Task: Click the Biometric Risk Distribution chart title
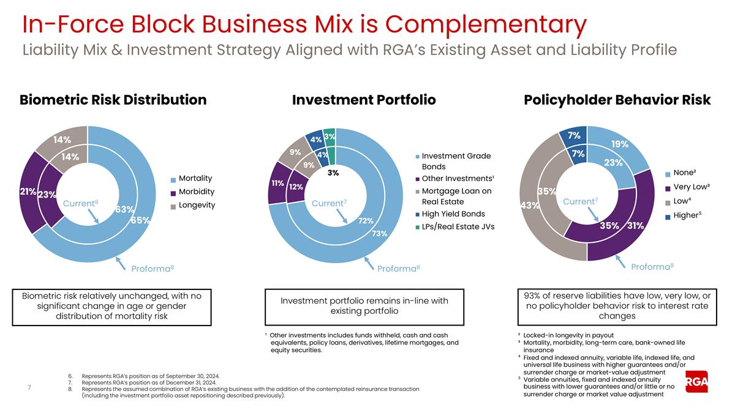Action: click(113, 100)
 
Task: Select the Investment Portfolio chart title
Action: click(364, 100)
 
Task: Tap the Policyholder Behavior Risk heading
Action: click(617, 100)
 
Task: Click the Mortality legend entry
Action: click(195, 179)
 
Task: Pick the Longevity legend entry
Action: click(197, 205)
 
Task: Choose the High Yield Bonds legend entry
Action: click(453, 214)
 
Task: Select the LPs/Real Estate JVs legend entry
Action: click(458, 227)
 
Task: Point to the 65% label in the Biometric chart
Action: click(141, 220)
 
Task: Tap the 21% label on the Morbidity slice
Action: click(28, 192)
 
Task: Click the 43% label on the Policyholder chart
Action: click(529, 206)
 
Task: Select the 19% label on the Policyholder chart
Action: click(619, 144)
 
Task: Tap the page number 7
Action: click(29, 387)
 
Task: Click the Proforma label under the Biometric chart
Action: click(153, 268)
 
